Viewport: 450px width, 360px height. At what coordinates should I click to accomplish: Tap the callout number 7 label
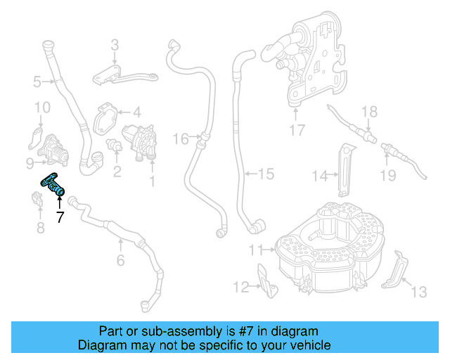60,217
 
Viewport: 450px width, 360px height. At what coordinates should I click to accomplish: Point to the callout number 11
255,249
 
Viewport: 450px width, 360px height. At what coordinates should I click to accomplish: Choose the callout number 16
181,139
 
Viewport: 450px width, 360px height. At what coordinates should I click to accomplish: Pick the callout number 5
37,82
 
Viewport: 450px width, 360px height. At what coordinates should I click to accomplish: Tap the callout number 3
115,46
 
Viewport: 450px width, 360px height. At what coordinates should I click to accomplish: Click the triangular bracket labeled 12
265,277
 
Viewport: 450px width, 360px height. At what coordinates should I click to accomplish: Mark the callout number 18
369,111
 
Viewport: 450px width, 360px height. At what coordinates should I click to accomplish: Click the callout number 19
388,175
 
